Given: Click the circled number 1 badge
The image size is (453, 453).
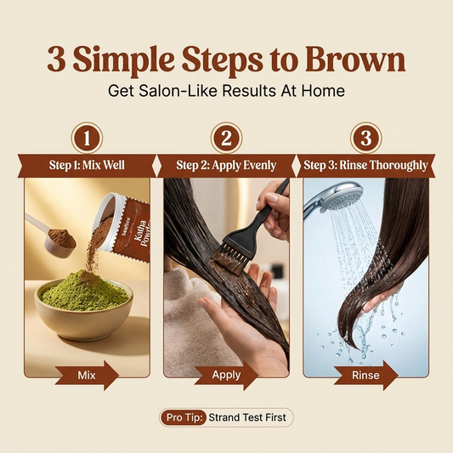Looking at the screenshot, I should click(87, 138).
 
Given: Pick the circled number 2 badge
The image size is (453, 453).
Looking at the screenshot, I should click(226, 138).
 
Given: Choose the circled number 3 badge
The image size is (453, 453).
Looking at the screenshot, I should click(366, 138).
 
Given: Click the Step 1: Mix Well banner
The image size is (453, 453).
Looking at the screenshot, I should click(87, 165).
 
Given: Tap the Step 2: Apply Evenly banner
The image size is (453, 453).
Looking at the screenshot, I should click(226, 165).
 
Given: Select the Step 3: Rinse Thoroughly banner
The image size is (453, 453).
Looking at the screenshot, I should click(366, 165).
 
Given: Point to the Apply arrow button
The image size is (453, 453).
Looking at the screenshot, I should click(226, 374).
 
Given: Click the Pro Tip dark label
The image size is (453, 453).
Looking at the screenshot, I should click(183, 417).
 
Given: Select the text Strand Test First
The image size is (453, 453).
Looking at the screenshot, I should click(249, 417).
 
